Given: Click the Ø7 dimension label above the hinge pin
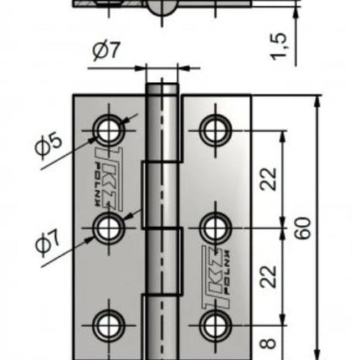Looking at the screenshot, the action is coord(106,51).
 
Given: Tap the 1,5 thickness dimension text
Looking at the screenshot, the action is coord(279,46).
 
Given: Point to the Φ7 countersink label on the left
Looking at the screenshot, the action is coord(48,243).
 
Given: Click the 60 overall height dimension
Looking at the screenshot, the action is coord(303,228).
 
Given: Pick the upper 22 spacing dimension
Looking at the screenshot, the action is coord(269,179).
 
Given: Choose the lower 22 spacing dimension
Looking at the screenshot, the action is coord(269,276).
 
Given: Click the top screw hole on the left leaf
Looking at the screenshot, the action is coord(109,131).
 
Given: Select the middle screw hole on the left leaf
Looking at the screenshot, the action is coord(109,228).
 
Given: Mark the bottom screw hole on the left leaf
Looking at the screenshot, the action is coord(109,326).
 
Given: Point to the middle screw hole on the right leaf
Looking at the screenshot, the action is coord(215,228).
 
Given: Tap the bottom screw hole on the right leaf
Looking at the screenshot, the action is coord(215,326).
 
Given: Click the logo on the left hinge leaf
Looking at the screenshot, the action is coord(108,179).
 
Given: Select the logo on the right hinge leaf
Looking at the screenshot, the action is coord(216,277).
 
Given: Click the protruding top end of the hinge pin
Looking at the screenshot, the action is coord(162,90).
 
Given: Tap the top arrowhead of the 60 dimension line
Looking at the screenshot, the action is coord(317,102).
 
